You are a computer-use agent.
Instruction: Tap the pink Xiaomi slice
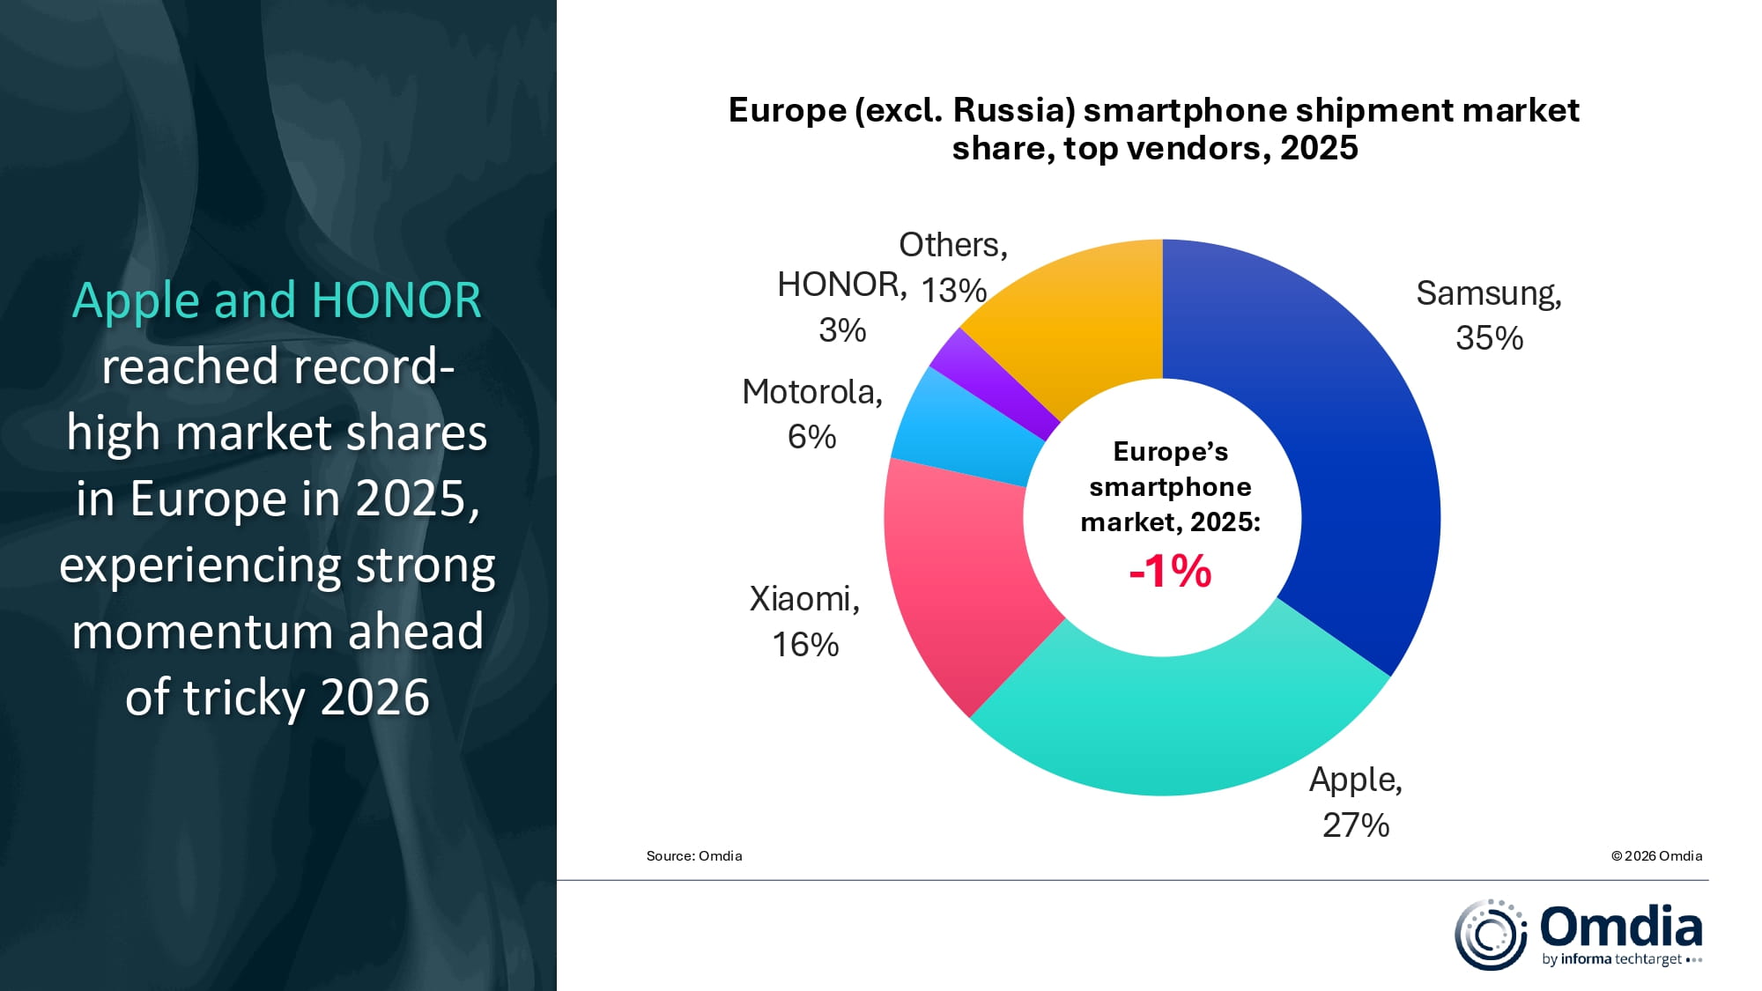[960, 581]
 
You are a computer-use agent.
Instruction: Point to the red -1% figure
[1170, 571]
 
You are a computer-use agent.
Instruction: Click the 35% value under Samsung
[1489, 338]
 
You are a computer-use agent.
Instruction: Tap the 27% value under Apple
[1356, 825]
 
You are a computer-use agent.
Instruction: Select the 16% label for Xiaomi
[805, 645]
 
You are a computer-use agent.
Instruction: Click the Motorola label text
[811, 392]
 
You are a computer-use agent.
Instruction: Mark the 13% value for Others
[953, 291]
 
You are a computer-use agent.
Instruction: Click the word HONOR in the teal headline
[396, 300]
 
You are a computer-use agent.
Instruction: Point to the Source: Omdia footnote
[694, 856]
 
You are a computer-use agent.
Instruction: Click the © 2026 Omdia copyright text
[1656, 856]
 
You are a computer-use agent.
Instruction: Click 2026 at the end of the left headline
[374, 698]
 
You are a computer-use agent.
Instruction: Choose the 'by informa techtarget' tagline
[1612, 959]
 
